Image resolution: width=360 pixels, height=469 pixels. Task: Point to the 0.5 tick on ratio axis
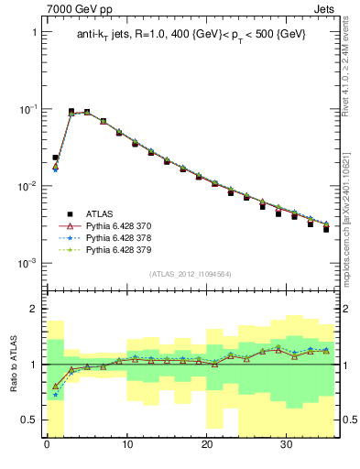[31, 420]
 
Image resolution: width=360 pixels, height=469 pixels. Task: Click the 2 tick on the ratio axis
[35, 309]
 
